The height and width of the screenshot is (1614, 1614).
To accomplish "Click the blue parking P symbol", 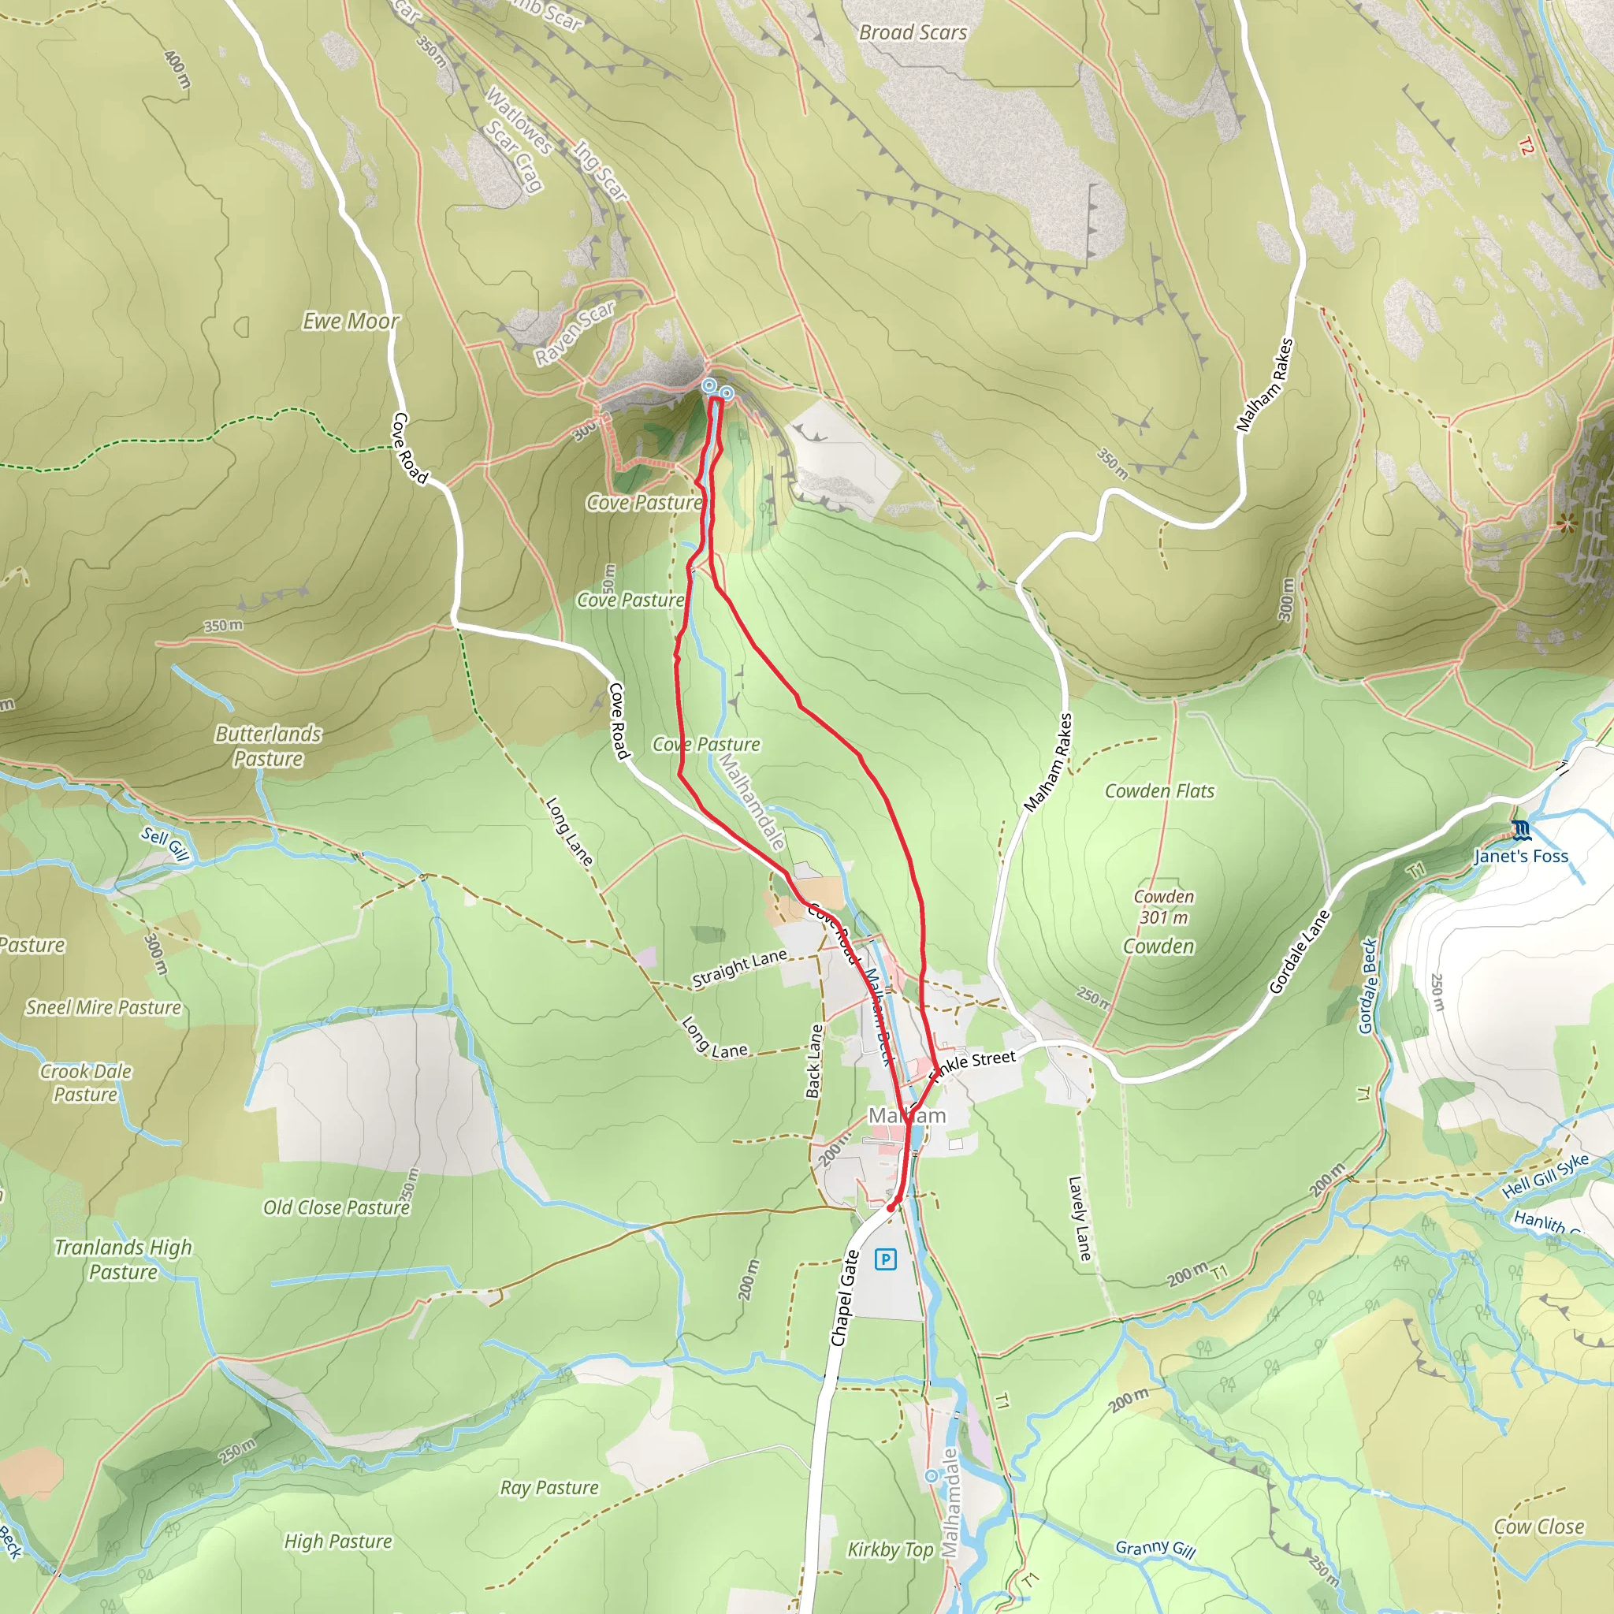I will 886,1259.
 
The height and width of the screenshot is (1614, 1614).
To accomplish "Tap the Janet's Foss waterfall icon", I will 1521,830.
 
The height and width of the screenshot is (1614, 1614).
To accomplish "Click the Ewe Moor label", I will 351,321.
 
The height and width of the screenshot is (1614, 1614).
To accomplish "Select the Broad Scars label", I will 913,32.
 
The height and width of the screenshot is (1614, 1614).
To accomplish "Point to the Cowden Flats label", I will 1159,790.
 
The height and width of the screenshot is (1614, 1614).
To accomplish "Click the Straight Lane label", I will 739,969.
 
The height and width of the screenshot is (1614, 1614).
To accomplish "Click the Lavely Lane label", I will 1080,1218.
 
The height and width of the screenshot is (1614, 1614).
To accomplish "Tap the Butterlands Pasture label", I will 268,746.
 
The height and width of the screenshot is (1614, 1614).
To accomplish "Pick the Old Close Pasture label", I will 336,1207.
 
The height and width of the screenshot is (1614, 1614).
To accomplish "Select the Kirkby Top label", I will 891,1549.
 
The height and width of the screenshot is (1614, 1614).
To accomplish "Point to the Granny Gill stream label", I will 1155,1549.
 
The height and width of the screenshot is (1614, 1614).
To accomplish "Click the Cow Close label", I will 1539,1527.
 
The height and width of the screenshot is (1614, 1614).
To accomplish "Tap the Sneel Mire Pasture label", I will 103,1006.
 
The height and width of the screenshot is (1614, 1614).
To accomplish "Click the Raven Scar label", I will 575,333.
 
